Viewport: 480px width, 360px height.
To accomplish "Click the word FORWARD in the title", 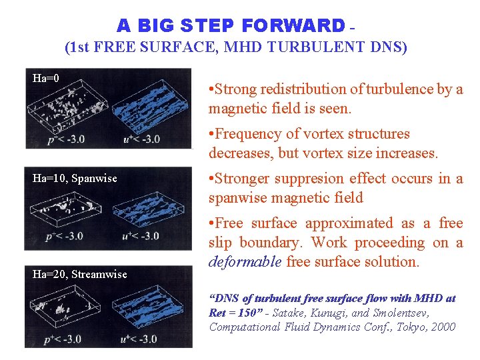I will [294, 25].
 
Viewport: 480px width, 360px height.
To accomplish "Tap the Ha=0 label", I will [46, 79].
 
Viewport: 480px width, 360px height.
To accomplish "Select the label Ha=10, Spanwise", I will [75, 179].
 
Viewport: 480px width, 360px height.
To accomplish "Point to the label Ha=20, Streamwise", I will [80, 274].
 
